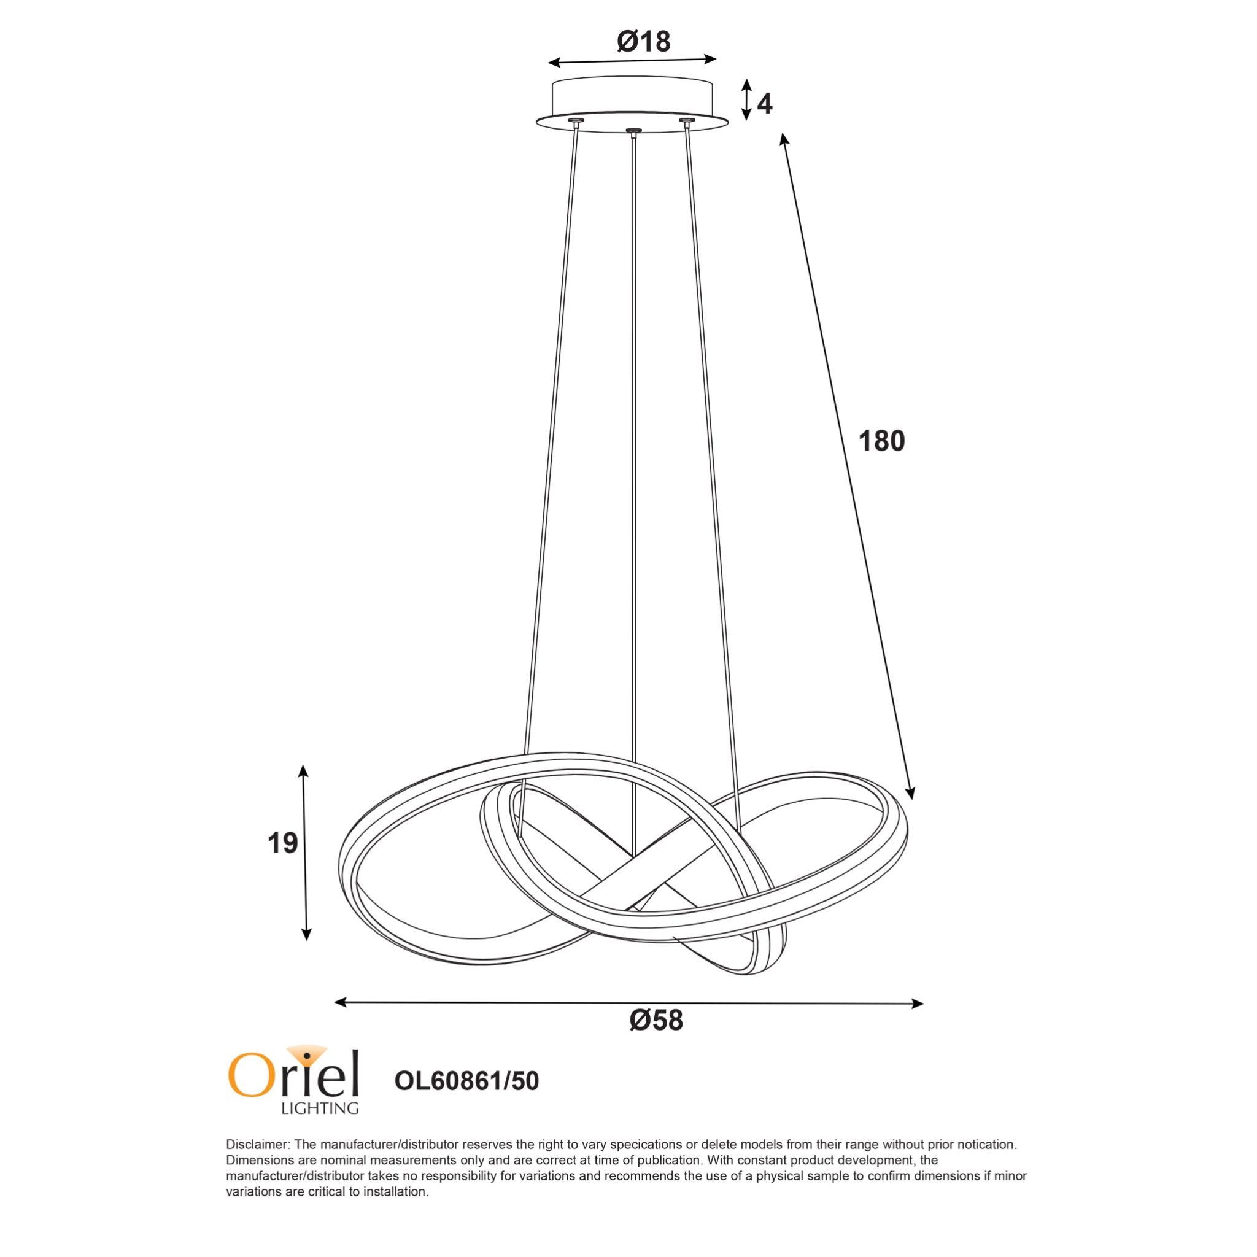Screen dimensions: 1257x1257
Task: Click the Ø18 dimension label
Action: pyautogui.click(x=643, y=42)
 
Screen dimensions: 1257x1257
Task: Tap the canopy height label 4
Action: pyautogui.click(x=765, y=104)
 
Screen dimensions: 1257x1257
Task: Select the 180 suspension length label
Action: pyautogui.click(x=881, y=441)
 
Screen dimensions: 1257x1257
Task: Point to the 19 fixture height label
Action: pyautogui.click(x=282, y=843)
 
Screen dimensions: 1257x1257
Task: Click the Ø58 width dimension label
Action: pyautogui.click(x=657, y=1021)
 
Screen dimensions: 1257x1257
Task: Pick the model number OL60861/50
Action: pyautogui.click(x=466, y=1081)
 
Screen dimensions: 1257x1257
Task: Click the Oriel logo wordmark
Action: pyautogui.click(x=293, y=1075)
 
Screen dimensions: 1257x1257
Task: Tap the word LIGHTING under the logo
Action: pyautogui.click(x=319, y=1108)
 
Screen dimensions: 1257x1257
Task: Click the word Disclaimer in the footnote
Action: pyautogui.click(x=258, y=1145)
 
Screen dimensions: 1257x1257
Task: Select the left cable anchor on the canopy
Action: pyautogui.click(x=576, y=121)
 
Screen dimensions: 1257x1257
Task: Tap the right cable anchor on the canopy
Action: pyautogui.click(x=685, y=121)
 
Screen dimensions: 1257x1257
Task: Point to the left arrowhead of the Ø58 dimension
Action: pyautogui.click(x=339, y=1002)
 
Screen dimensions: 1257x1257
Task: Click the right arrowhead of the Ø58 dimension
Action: pyautogui.click(x=918, y=1004)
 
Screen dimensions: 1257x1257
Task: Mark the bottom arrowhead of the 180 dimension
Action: pyautogui.click(x=910, y=794)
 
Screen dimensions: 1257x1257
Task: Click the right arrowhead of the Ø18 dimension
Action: pyautogui.click(x=712, y=58)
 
